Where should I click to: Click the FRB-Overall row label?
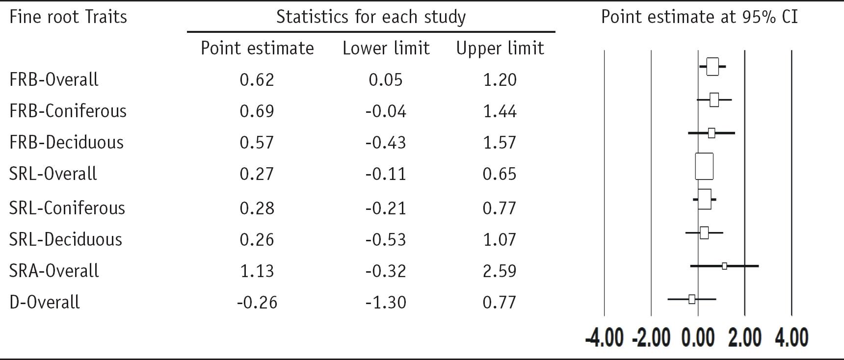[54, 79]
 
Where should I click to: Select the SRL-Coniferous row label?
[67, 208]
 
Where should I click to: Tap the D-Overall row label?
[45, 302]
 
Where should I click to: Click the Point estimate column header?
[257, 48]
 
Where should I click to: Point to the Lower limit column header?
[386, 48]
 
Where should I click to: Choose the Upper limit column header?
[500, 48]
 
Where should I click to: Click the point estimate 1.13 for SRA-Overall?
[257, 271]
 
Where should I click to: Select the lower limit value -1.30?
[386, 302]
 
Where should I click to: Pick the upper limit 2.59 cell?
[500, 271]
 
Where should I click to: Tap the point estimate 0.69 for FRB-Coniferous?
[257, 111]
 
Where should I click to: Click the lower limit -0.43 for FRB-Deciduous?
[386, 143]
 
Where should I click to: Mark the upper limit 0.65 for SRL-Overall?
[500, 174]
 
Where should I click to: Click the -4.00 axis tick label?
[605, 338]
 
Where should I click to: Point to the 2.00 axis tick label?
[745, 338]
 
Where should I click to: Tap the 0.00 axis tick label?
[698, 338]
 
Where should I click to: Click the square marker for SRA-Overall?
[724, 266]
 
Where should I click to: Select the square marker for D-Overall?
[692, 299]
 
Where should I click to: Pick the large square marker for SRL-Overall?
[704, 167]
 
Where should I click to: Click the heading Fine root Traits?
[68, 17]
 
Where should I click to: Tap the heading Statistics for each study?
[371, 17]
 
